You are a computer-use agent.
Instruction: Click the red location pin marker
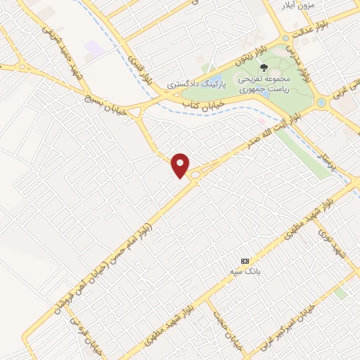pos(181,165)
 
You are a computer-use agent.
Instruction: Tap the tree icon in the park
pos(264,68)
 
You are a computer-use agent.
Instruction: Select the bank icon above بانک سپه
pos(245,260)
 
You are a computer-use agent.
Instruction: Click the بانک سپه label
pos(244,270)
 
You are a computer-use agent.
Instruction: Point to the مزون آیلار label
pos(295,6)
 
